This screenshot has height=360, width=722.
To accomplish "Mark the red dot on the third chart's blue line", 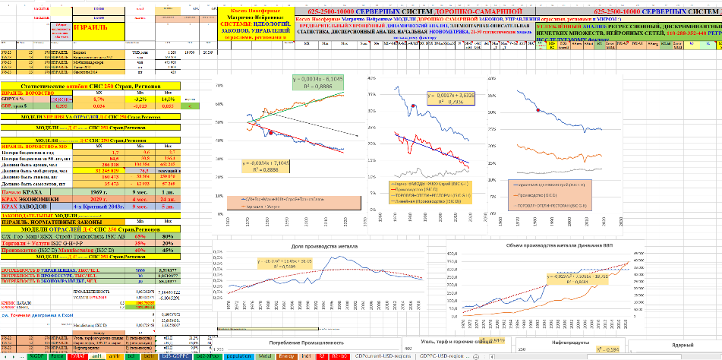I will point(539,111).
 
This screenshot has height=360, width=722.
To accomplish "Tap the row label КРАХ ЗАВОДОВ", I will point(31,207).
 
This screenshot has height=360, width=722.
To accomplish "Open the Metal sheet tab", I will point(264,355).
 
